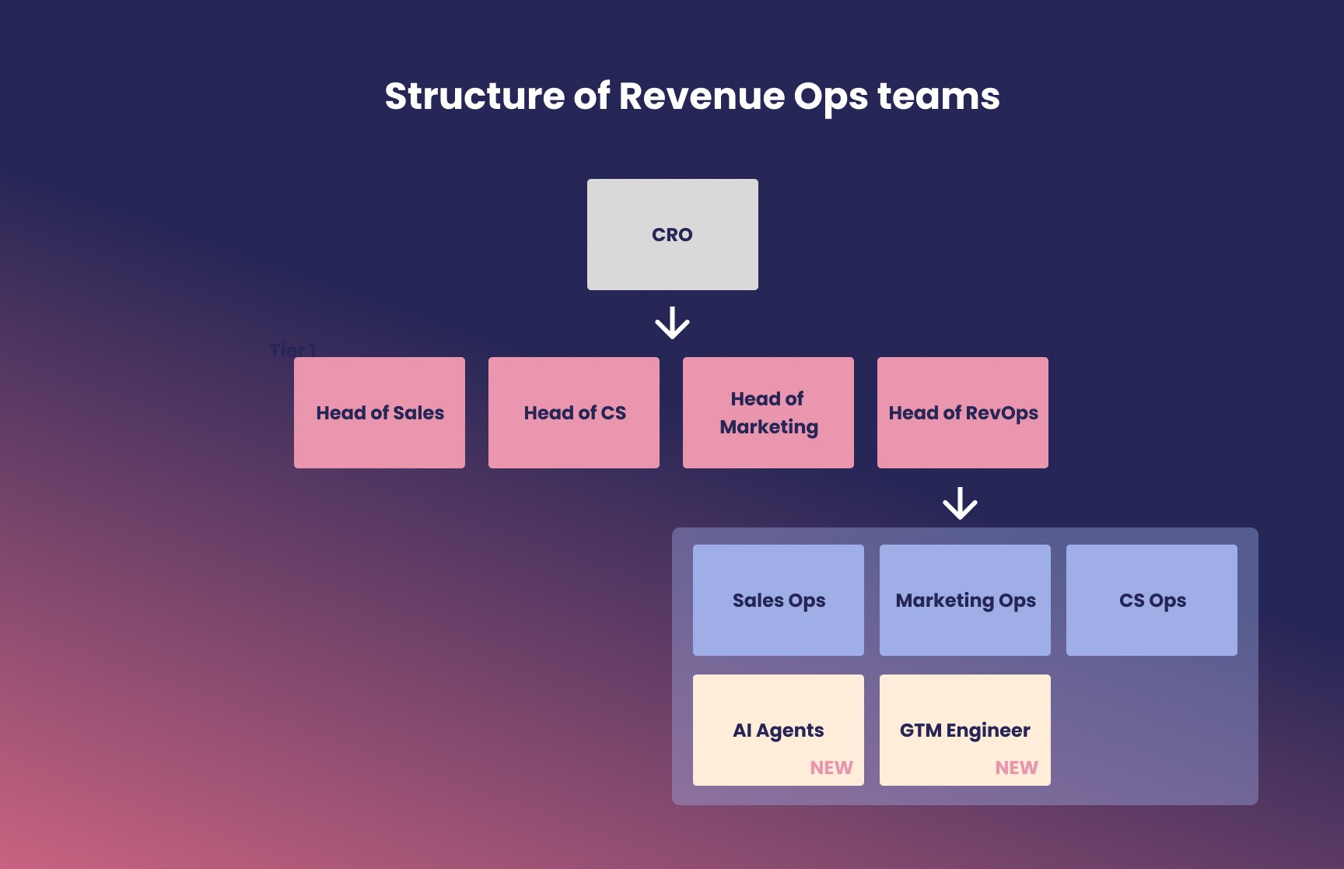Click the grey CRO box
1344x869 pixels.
(673, 234)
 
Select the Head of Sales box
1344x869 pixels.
(380, 412)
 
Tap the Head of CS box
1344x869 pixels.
(574, 412)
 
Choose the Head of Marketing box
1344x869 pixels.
(768, 412)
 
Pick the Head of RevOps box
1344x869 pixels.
(963, 412)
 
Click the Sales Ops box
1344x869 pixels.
(779, 600)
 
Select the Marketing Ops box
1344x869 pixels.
(965, 600)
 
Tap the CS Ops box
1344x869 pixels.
(1152, 600)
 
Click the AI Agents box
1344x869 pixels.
(779, 730)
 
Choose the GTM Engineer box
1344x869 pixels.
(965, 730)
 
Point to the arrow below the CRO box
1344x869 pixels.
(672, 323)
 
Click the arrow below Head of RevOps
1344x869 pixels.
(960, 503)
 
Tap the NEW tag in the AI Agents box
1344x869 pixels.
(831, 768)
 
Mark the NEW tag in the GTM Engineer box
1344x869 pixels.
(1017, 768)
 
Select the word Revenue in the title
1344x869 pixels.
(702, 96)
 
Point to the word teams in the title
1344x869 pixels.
(939, 97)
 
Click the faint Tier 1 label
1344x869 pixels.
(292, 350)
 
